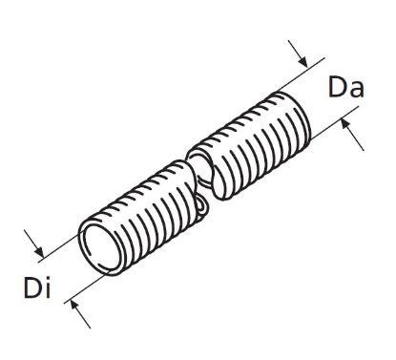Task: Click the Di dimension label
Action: (x=35, y=286)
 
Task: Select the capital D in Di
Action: (x=29, y=286)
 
